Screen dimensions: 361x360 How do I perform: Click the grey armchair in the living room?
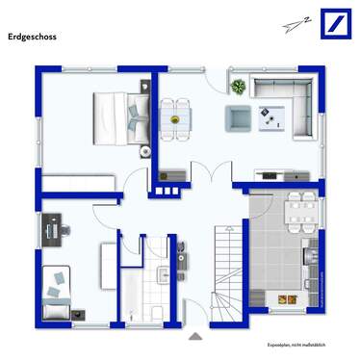[x=237, y=117]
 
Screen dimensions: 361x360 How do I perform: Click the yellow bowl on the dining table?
[x=175, y=117]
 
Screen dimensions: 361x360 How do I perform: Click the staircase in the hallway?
[x=227, y=274]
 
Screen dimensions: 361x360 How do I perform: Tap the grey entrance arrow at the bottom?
[x=196, y=336]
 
